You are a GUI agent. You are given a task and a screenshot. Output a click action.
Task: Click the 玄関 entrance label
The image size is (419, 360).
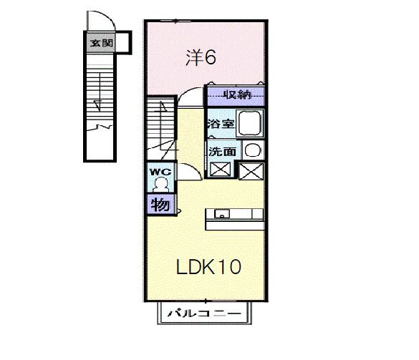click(x=101, y=43)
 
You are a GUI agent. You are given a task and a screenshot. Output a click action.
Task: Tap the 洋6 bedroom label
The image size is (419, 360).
click(x=201, y=58)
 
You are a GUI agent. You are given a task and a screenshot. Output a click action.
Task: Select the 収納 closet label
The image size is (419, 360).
click(x=238, y=94)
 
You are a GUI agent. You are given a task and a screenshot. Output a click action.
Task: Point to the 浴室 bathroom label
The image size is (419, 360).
click(x=221, y=123)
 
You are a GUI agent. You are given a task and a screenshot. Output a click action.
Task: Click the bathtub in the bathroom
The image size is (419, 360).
click(x=250, y=123)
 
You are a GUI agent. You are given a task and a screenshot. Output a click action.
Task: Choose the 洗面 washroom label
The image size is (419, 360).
click(x=222, y=152)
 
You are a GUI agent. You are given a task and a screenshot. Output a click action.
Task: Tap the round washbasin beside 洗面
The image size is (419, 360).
click(x=253, y=150)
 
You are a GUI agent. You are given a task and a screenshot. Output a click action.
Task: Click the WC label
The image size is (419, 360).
click(x=160, y=172)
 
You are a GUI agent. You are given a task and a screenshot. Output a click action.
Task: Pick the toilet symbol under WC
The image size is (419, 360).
click(x=160, y=185)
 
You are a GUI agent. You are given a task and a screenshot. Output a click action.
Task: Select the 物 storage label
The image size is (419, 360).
click(x=160, y=205)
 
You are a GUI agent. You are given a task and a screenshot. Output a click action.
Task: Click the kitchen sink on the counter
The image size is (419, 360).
click(x=222, y=214)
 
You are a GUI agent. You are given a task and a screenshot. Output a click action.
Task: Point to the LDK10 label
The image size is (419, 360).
click(x=208, y=267)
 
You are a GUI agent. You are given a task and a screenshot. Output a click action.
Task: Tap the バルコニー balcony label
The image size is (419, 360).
click(x=204, y=313)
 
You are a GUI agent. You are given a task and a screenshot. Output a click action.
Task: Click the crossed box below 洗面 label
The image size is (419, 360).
click(x=220, y=170)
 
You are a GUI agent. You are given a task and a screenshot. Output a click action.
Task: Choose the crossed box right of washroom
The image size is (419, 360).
click(x=251, y=171)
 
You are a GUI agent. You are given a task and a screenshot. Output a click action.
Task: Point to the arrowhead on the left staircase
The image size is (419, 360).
click(x=98, y=105)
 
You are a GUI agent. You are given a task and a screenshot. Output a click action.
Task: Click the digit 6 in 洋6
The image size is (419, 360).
click(x=210, y=57)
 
